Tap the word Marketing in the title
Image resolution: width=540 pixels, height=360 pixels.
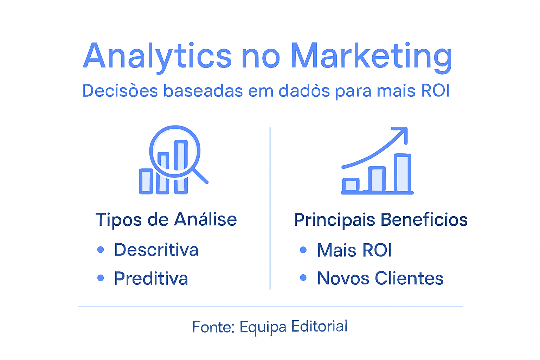tap(371, 56)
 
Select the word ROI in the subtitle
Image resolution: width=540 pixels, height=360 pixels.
tap(435, 91)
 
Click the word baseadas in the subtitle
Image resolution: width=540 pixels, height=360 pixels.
tap(203, 91)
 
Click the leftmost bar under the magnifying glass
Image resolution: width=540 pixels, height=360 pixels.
tap(146, 181)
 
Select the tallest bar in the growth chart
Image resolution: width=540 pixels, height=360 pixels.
tap(402, 173)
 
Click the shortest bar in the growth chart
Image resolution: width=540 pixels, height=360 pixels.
tap(351, 185)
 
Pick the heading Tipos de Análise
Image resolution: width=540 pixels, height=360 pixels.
tap(166, 220)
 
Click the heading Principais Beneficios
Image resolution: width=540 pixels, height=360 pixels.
tap(380, 220)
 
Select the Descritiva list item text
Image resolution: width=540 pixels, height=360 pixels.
tap(156, 250)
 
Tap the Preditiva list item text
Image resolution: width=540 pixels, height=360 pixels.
tap(151, 278)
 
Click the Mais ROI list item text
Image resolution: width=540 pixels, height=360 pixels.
tap(354, 250)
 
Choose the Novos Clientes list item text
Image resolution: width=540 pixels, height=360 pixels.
tap(380, 278)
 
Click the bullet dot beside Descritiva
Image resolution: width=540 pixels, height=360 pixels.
tap(101, 250)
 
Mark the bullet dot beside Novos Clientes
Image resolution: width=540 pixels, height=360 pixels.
tap(303, 278)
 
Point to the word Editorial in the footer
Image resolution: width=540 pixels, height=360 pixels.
tap(319, 327)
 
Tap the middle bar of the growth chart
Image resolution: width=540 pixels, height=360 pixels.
tap(377, 179)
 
